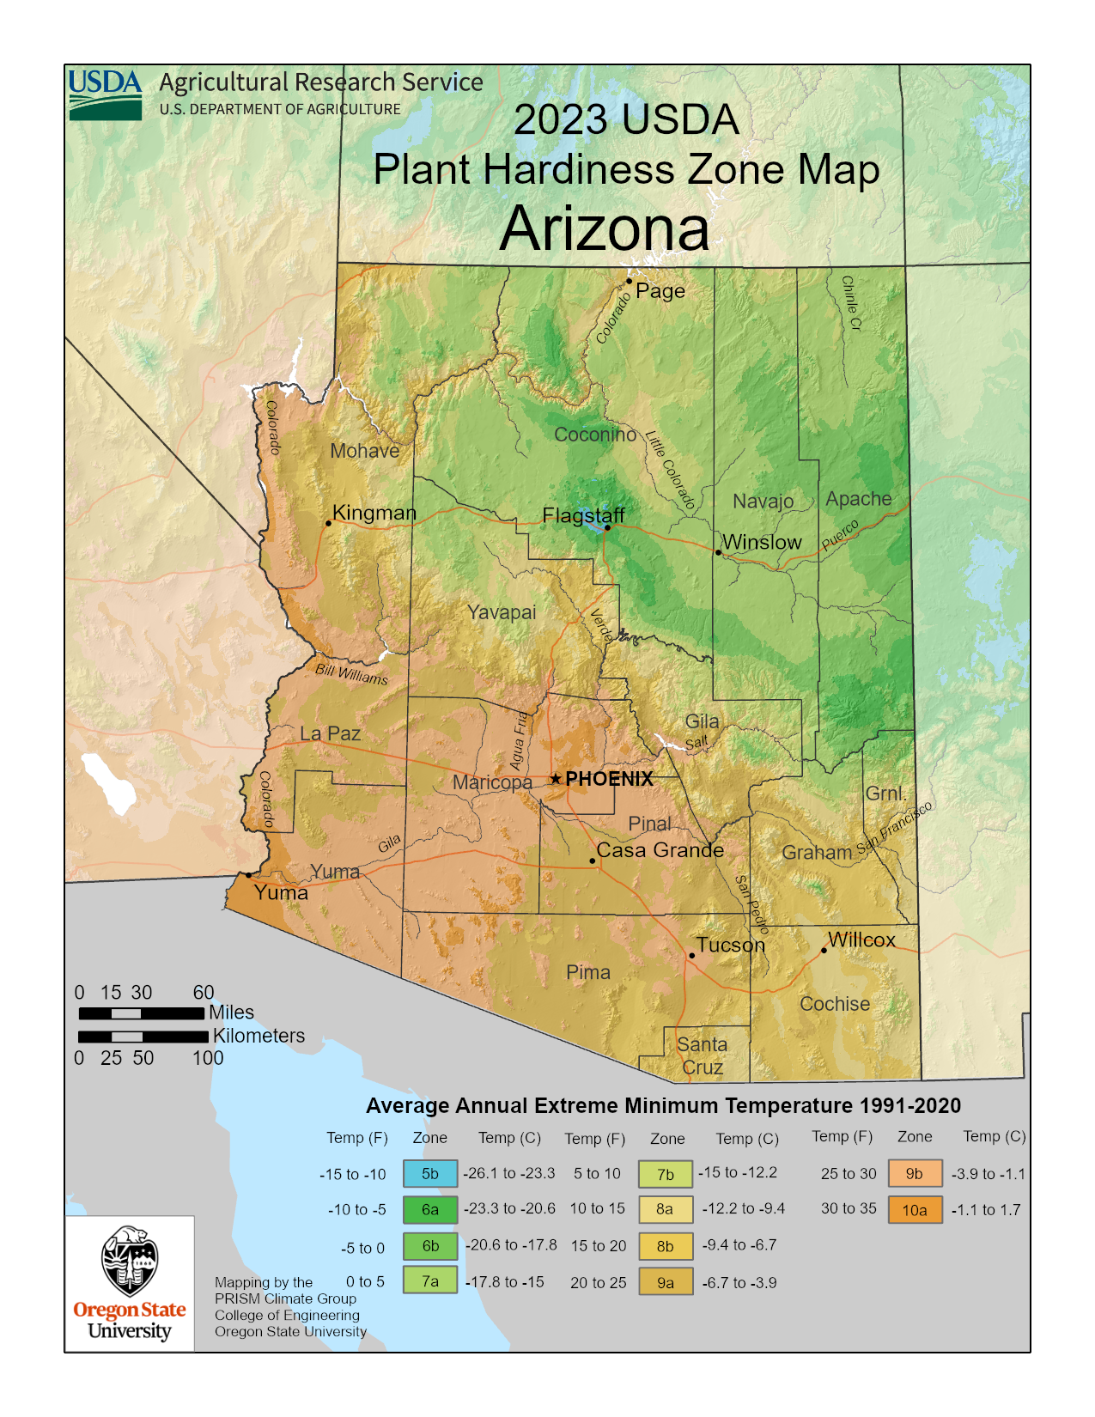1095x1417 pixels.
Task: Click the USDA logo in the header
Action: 105,94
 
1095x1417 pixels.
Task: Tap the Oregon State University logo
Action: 130,1283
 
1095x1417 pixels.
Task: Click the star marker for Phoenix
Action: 556,779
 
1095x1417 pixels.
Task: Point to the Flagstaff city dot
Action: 607,527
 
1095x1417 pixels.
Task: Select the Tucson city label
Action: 730,945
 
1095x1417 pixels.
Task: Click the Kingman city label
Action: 374,513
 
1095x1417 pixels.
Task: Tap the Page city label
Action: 660,290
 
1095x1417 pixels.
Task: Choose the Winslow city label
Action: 761,542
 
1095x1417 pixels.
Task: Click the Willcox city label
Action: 861,940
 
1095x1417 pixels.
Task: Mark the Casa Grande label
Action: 660,850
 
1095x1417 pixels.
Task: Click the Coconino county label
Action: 595,435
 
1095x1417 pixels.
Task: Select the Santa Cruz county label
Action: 702,1056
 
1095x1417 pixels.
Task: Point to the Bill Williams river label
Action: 351,674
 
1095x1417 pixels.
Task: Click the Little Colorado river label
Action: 670,471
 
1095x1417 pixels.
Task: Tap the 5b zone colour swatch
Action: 429,1174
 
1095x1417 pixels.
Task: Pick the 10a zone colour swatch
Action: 915,1210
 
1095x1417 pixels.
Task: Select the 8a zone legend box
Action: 665,1209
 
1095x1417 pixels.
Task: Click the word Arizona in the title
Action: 605,229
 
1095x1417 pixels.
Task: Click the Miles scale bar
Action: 142,1013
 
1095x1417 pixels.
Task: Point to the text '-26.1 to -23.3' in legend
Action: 509,1173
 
